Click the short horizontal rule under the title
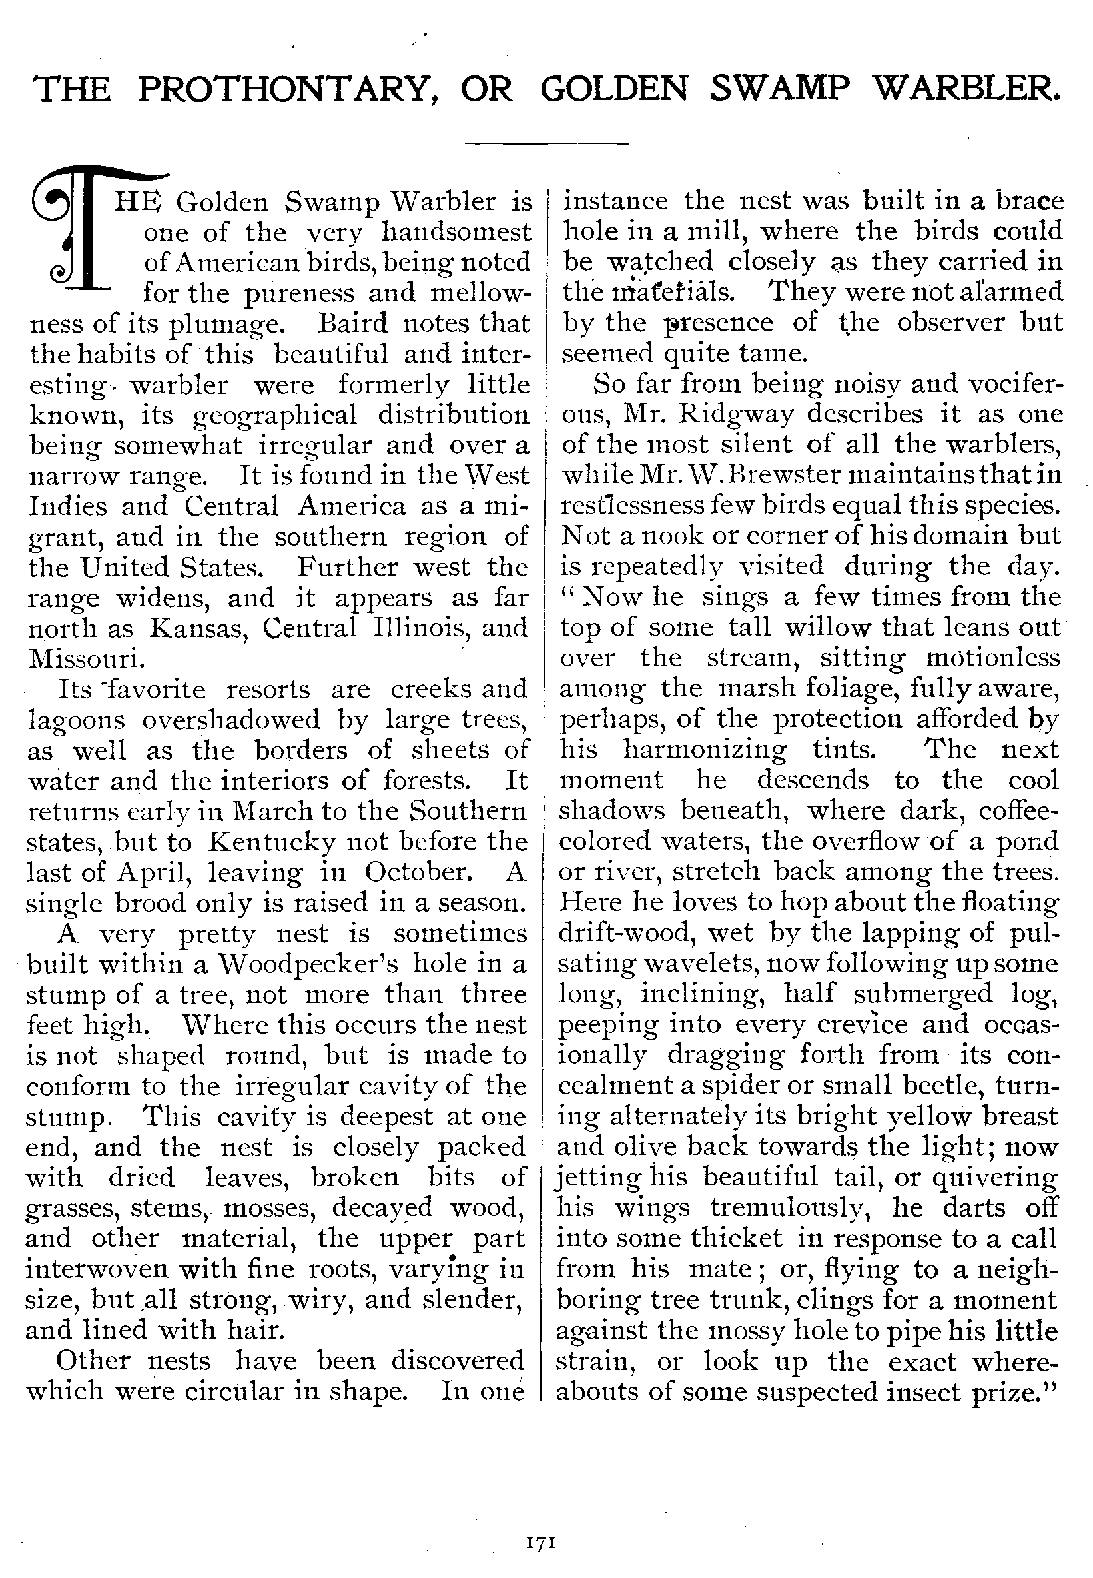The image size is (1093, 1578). [x=546, y=143]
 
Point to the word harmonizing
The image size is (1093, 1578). [x=705, y=749]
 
